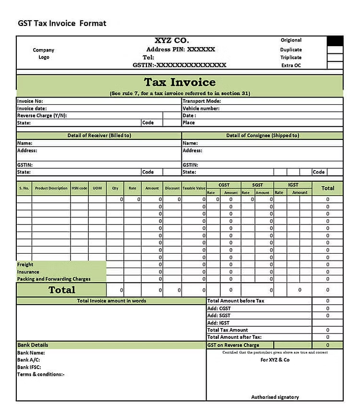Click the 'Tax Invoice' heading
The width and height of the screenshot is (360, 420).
pos(180,82)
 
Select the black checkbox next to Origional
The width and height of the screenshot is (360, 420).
pos(335,41)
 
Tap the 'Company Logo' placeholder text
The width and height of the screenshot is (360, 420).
pos(44,53)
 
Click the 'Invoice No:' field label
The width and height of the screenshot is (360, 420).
pos(30,101)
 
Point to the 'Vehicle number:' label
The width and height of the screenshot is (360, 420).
pos(201,109)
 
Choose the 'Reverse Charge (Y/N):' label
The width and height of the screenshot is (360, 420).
pos(42,116)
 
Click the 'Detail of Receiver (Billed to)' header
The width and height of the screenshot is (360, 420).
pos(99,136)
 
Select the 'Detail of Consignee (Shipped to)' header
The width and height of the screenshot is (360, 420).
pos(263,136)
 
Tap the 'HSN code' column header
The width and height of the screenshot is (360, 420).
pos(79,188)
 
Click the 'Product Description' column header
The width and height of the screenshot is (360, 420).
pos(51,188)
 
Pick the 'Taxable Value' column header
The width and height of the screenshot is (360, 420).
pos(194,188)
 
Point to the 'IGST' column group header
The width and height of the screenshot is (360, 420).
pos(293,185)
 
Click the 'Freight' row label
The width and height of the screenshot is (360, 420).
pos(25,265)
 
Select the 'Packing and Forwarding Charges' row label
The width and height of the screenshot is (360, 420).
pos(54,279)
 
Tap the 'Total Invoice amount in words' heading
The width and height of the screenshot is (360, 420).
pos(112,301)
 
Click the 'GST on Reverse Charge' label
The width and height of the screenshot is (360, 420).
pos(233,345)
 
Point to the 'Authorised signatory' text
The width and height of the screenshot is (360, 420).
pos(275,397)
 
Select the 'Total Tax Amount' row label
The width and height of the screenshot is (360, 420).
pos(228,330)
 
